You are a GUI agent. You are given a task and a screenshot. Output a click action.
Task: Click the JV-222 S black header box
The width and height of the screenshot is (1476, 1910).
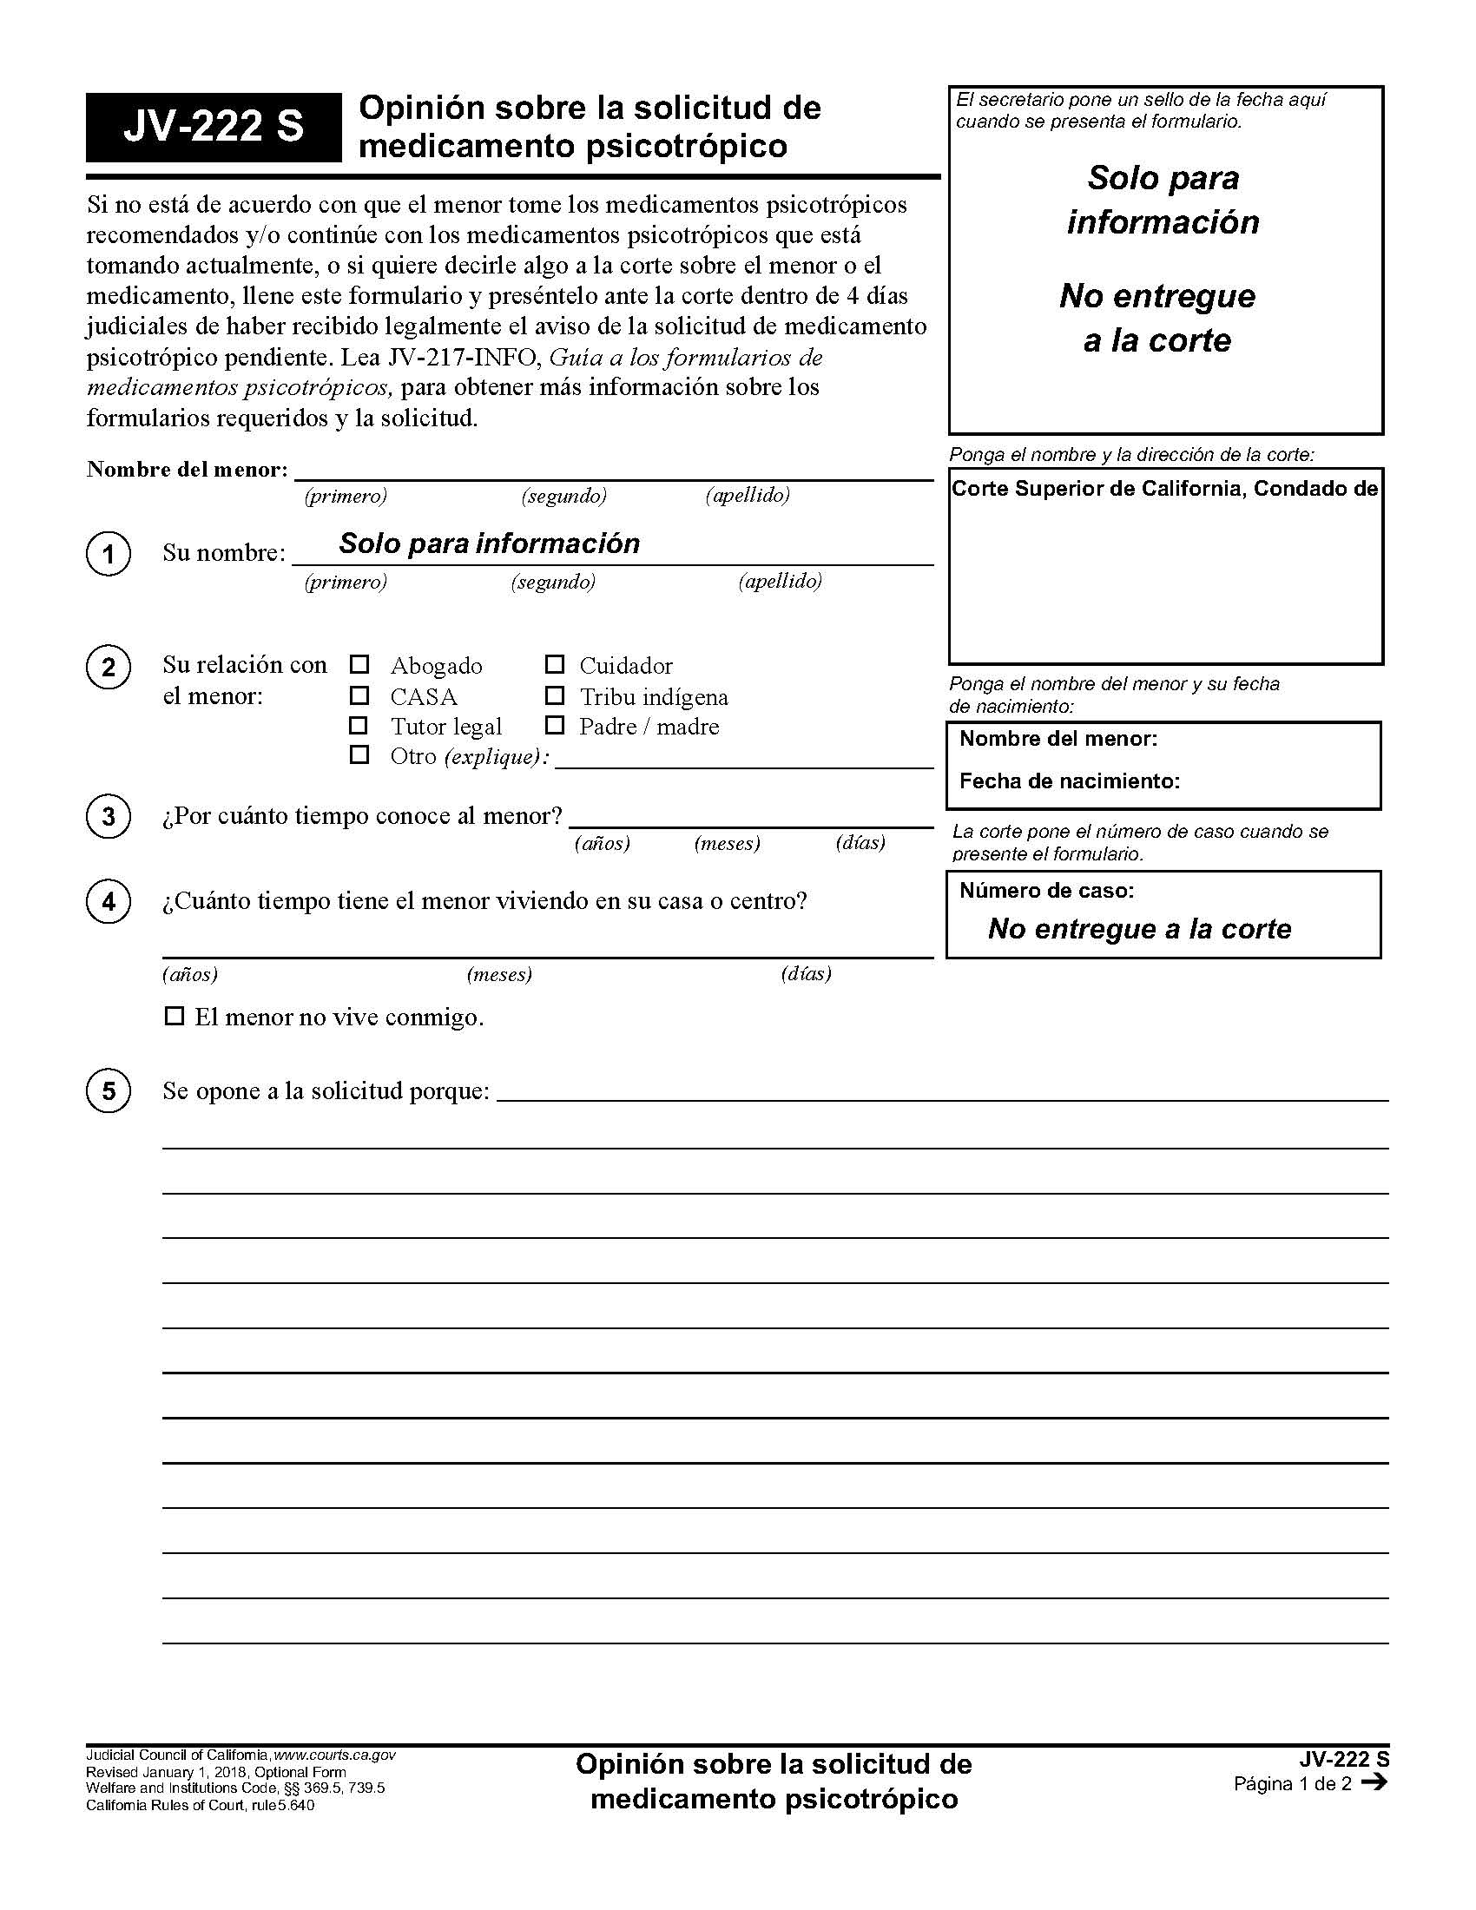[213, 127]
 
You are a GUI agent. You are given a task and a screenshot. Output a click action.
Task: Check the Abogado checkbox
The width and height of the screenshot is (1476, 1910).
[359, 665]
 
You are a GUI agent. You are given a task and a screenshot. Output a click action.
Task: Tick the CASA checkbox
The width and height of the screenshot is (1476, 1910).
[359, 695]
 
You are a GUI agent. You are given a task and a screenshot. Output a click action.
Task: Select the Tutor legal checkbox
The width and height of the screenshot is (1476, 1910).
[359, 725]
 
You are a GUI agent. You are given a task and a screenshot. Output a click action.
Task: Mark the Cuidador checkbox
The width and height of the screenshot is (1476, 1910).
[555, 665]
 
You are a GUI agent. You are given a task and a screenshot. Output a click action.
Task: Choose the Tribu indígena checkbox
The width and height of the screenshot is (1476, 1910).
[555, 695]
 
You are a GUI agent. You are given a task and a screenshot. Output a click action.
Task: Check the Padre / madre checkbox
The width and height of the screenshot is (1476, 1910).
[555, 725]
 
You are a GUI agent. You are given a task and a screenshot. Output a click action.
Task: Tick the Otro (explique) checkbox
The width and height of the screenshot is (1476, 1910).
[359, 754]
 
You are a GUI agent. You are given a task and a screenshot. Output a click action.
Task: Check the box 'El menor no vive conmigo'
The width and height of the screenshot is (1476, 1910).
[175, 1017]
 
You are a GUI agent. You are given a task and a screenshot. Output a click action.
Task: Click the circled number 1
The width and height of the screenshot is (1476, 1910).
[109, 554]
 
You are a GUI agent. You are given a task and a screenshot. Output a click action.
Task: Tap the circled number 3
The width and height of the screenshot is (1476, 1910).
[109, 816]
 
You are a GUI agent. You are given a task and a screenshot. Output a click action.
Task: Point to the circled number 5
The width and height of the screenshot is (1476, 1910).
[109, 1090]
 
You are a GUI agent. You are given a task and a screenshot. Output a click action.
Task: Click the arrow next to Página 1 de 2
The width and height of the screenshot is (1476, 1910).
[1374, 1782]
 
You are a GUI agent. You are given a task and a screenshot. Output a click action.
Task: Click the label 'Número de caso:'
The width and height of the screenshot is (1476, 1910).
[1046, 890]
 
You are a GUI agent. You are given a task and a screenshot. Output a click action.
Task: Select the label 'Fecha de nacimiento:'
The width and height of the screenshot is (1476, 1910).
[1069, 781]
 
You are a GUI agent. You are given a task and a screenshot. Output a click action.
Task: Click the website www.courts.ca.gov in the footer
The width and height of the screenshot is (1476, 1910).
[335, 1755]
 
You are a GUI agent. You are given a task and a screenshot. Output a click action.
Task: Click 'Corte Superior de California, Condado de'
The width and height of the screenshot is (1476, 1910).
[1163, 488]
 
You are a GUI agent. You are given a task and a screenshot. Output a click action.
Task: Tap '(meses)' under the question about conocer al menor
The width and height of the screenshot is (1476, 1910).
[727, 843]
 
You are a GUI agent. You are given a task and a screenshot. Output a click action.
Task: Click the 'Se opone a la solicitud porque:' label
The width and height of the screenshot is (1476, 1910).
[326, 1090]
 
